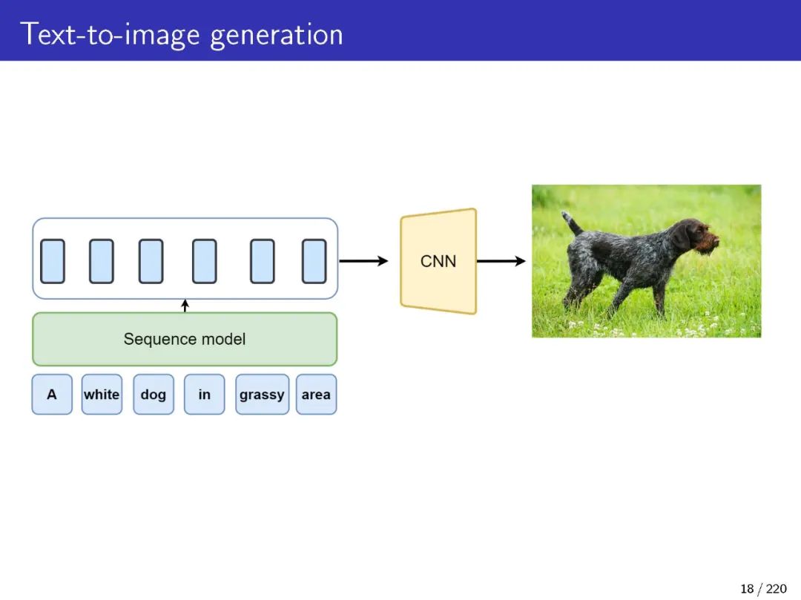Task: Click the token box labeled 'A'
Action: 52,395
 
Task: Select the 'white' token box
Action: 102,395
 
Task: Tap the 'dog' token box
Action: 154,395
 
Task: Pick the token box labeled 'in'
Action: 204,395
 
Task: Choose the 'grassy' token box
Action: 262,395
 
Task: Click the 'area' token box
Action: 316,395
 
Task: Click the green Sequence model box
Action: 185,339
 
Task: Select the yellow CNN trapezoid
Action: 438,261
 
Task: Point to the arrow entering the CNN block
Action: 363,261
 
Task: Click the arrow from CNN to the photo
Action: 501,261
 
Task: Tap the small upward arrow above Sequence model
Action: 185,305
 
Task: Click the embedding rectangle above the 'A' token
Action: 53,261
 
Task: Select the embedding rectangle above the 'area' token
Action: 314,261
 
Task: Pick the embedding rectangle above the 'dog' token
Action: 151,261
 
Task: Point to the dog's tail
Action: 571,222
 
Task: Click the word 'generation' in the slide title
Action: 277,35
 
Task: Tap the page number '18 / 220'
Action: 763,589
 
